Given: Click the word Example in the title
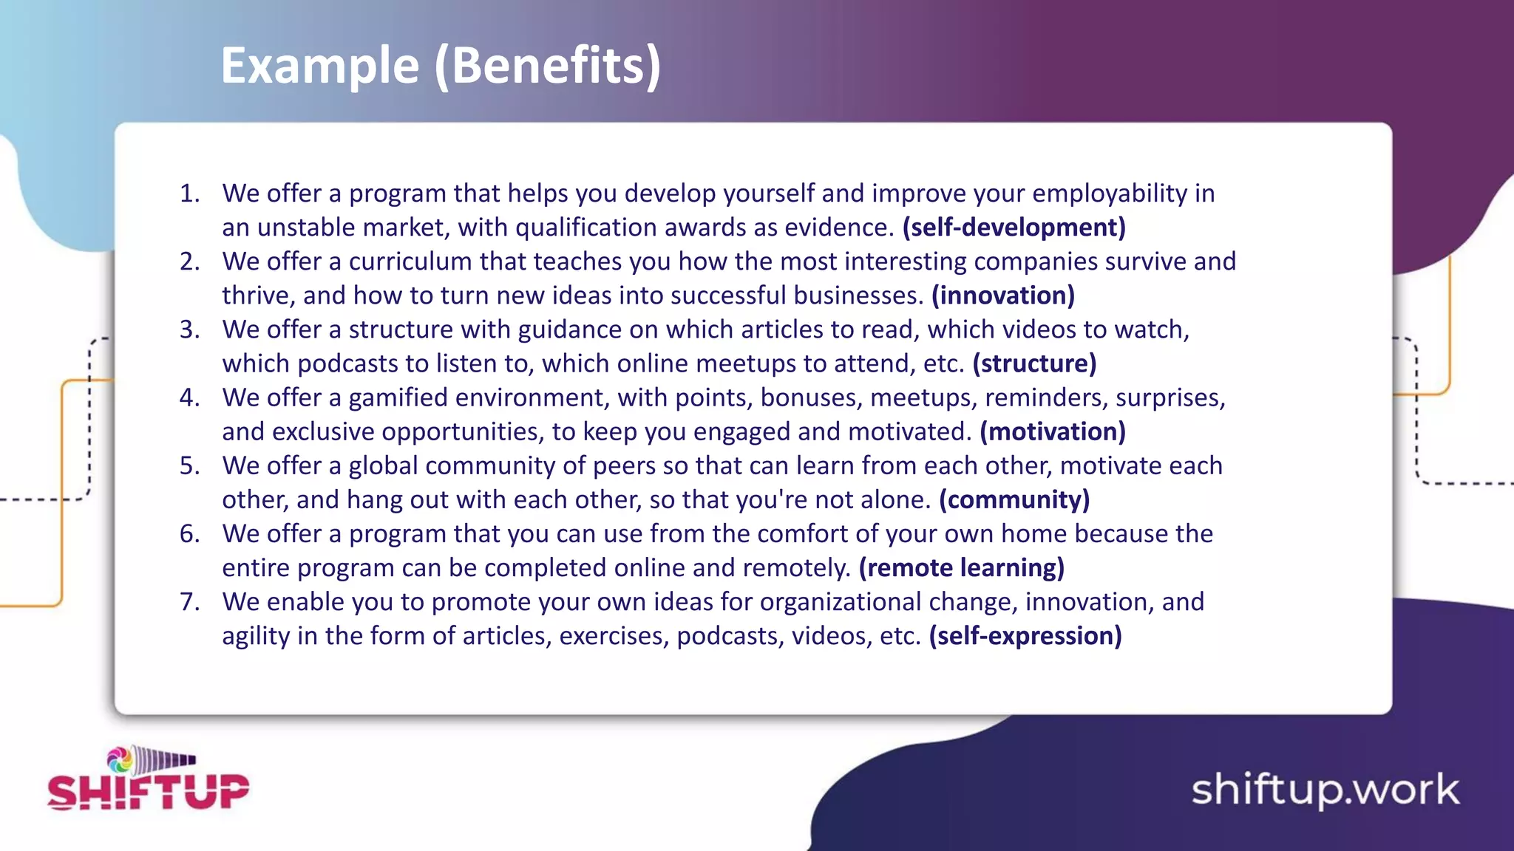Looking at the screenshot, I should click(x=320, y=66).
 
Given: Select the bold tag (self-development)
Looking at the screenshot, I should click(x=1014, y=228).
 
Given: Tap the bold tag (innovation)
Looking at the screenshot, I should click(x=1002, y=295).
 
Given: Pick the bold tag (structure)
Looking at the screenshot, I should click(x=1034, y=363).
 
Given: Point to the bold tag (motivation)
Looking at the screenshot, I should click(x=1053, y=431).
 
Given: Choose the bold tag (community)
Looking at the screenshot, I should click(x=1014, y=500).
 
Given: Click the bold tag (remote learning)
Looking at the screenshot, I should click(x=961, y=568).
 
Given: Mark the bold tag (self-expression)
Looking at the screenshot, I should click(x=1025, y=636).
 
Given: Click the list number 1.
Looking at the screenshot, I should click(x=189, y=194).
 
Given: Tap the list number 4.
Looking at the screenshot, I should click(x=189, y=398).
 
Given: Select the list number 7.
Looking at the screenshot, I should click(x=189, y=602).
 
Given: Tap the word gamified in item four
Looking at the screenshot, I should click(x=398, y=398).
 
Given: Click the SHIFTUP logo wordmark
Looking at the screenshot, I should click(x=148, y=791).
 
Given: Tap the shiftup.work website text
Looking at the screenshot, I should click(x=1325, y=790).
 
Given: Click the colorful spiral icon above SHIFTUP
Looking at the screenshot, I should click(x=120, y=759).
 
